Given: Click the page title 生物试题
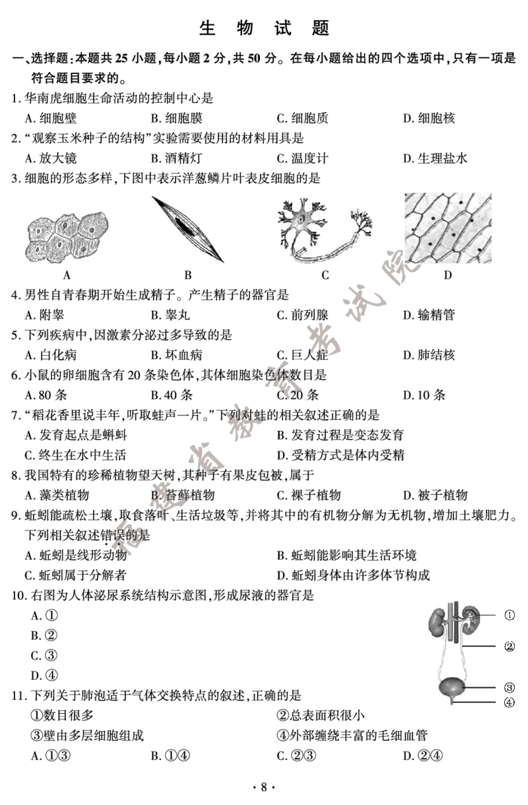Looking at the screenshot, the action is click(264, 28).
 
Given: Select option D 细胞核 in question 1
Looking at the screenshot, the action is click(429, 118).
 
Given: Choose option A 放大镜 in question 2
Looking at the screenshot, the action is click(51, 158).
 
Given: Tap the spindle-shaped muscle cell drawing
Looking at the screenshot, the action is click(187, 229).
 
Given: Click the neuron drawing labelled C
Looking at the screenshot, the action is click(325, 230).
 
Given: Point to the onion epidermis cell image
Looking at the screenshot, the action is click(448, 228).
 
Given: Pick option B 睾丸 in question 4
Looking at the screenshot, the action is click(170, 315).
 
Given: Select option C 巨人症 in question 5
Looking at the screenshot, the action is click(303, 355).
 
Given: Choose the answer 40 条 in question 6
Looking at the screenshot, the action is click(172, 395).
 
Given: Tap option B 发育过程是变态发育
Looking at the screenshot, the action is click(340, 435).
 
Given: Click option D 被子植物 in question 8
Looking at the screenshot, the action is click(435, 496).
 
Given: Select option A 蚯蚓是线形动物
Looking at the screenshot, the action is click(76, 555).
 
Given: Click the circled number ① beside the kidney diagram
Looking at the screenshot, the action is click(510, 615).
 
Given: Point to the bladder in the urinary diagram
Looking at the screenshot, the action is click(452, 686).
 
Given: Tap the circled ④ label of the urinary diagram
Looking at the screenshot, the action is click(510, 702).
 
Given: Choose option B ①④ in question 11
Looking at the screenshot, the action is click(170, 756).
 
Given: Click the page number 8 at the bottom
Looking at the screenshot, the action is click(264, 787).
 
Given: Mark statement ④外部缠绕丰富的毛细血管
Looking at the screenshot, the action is click(352, 735).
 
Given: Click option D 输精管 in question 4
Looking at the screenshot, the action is click(429, 315).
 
